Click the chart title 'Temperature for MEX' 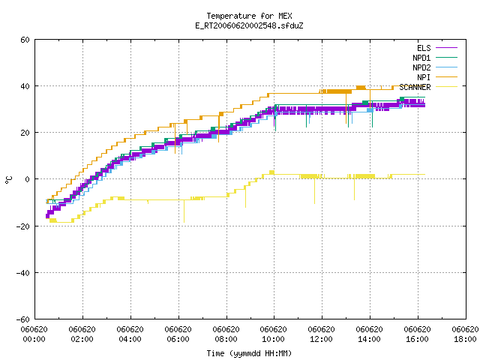coord(249,16)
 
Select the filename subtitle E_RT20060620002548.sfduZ coord(249,25)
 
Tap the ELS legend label coord(424,48)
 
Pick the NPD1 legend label coord(421,58)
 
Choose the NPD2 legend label coord(421,67)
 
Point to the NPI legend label coord(424,77)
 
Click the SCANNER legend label coord(415,87)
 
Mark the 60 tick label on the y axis coord(25,40)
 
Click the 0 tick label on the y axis coord(28,179)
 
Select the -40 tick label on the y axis coord(23,272)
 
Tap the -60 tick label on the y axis coord(23,319)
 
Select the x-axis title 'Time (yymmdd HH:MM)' coord(249,353)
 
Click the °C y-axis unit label coord(9,179)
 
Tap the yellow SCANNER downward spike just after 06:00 coord(184,211)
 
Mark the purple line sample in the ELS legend coord(447,48)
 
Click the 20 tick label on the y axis coord(25,133)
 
